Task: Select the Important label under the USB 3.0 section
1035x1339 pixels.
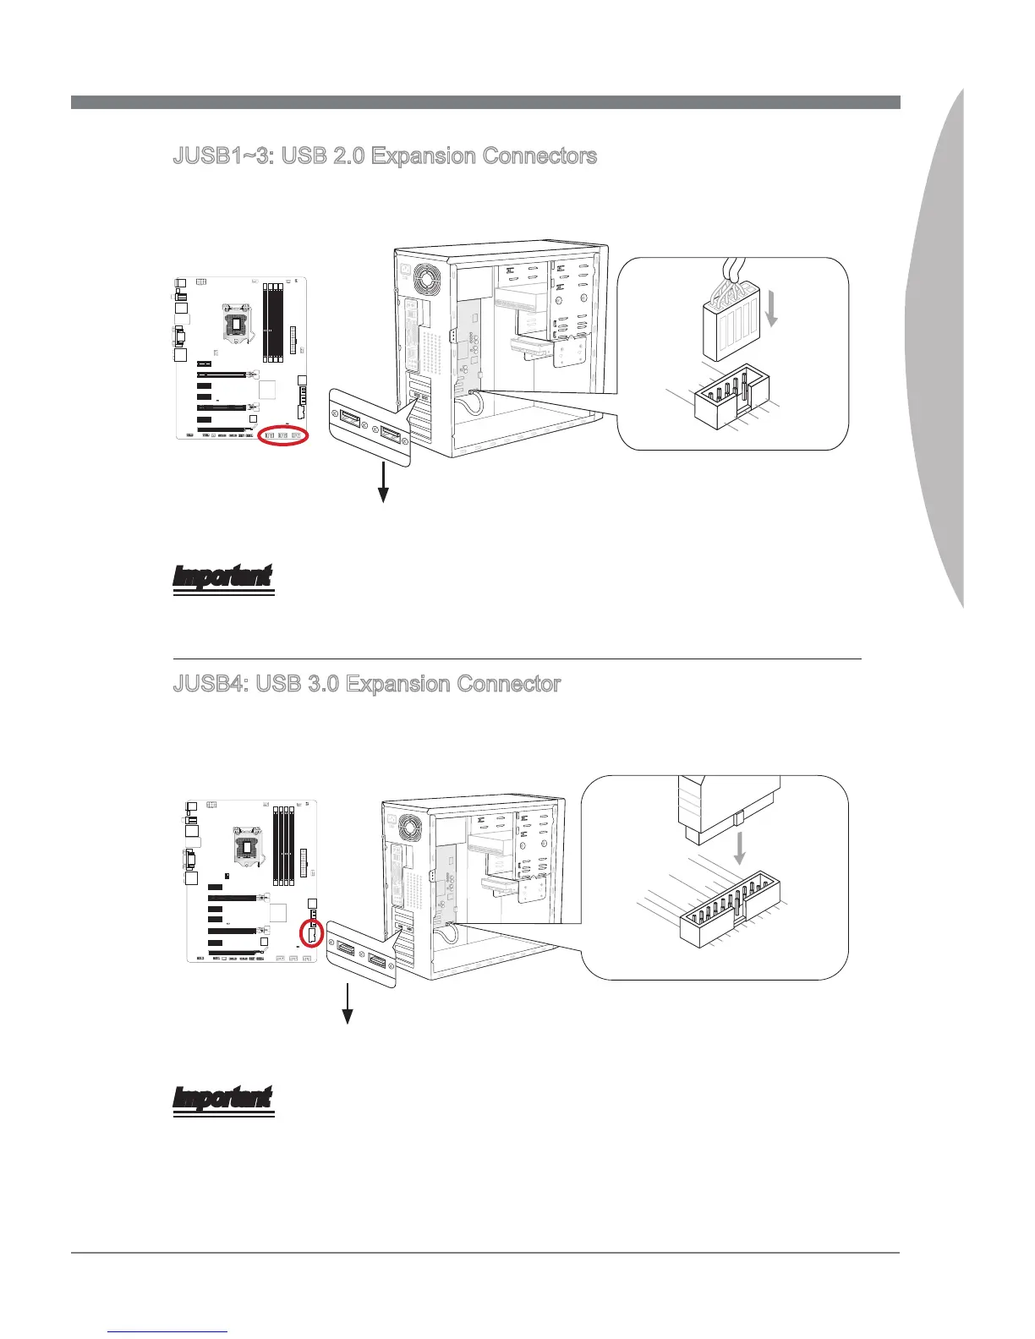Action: [222, 1098]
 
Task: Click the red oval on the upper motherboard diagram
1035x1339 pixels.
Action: [283, 435]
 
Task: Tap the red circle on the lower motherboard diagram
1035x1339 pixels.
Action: [312, 935]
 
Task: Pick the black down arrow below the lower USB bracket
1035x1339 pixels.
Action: [347, 1005]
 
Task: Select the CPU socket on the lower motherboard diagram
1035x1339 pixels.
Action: [246, 841]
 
